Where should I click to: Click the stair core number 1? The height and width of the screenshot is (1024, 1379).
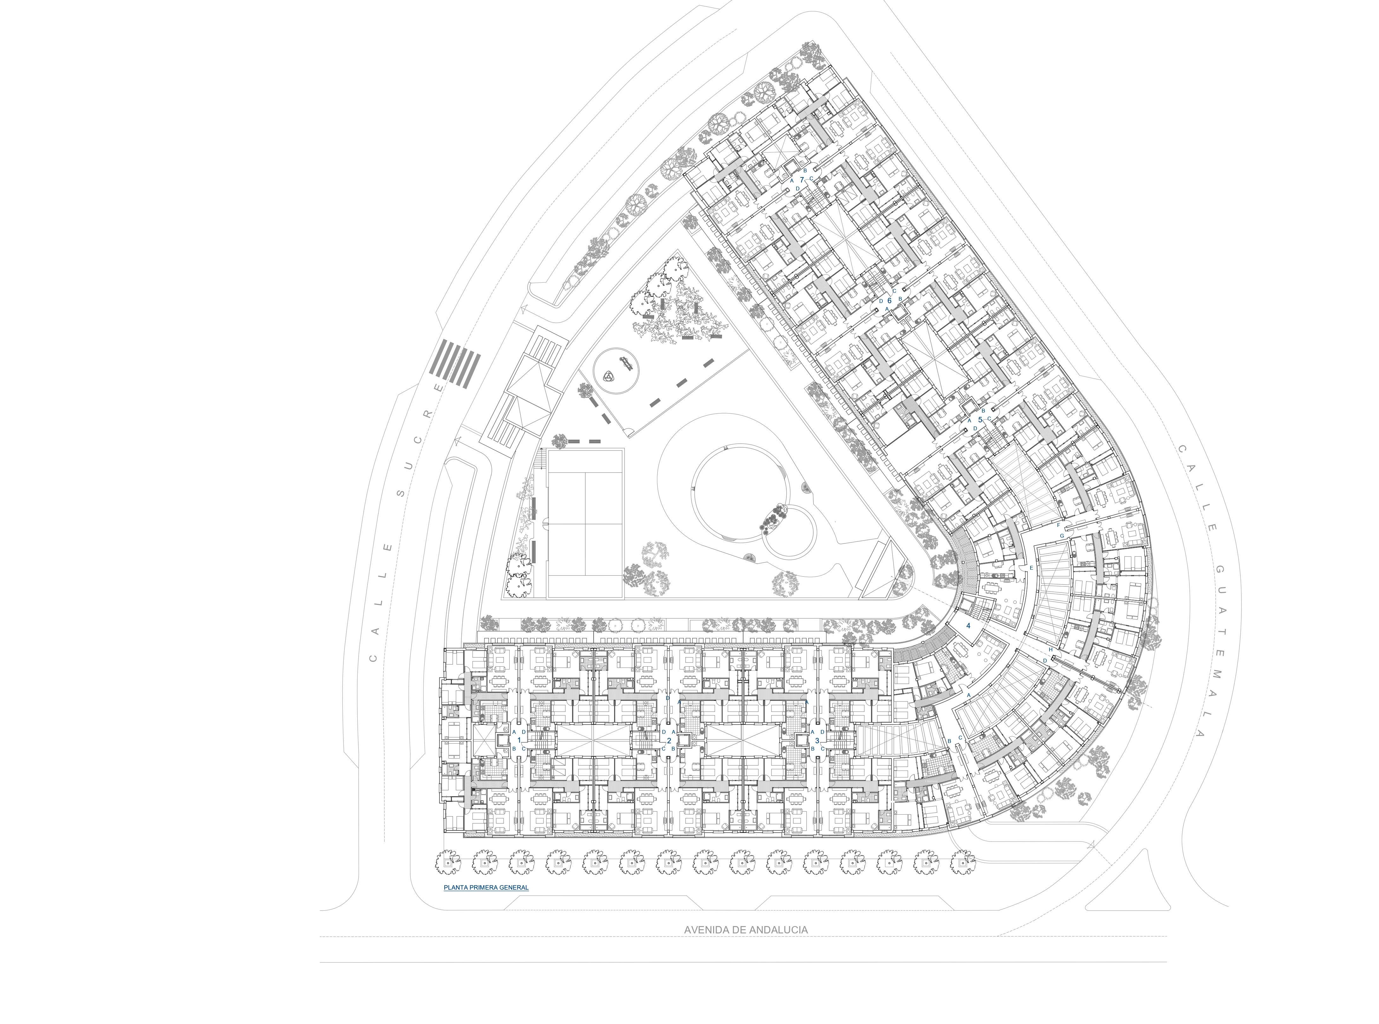pyautogui.click(x=519, y=740)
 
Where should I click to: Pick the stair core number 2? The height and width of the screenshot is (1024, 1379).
pyautogui.click(x=669, y=740)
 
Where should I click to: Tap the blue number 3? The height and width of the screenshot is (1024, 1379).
pyautogui.click(x=817, y=740)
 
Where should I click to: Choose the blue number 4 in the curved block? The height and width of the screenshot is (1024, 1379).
pyautogui.click(x=968, y=626)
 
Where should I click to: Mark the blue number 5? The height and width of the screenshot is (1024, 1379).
pyautogui.click(x=980, y=419)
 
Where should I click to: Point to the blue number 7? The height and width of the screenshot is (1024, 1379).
pyautogui.click(x=802, y=180)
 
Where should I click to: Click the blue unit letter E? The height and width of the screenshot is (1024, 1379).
pyautogui.click(x=1031, y=568)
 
